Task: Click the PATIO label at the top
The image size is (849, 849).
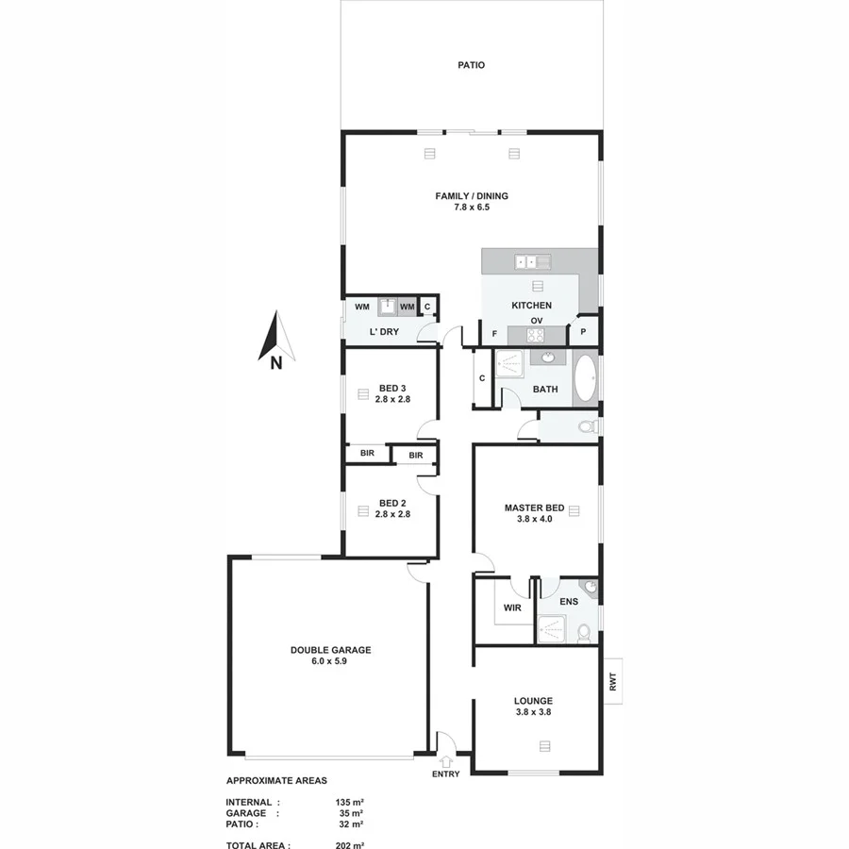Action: click(471, 66)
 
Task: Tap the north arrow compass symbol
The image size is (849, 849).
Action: click(276, 340)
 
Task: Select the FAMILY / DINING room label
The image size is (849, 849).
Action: click(471, 196)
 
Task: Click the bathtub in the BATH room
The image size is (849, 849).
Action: click(585, 378)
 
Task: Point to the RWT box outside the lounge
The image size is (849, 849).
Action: click(612, 680)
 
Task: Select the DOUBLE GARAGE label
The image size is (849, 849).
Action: click(330, 650)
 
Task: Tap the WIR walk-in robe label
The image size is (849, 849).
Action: click(512, 608)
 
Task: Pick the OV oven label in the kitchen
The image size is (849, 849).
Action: click(536, 321)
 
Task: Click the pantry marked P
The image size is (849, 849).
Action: click(584, 332)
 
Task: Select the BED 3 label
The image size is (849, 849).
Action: click(391, 389)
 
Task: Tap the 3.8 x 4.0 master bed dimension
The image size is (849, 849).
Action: click(534, 519)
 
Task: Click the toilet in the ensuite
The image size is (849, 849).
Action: click(584, 630)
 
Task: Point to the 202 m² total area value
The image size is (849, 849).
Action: click(350, 846)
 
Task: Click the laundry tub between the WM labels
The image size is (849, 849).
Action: click(387, 306)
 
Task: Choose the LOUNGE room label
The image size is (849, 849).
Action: click(533, 701)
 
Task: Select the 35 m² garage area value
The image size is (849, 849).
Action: click(350, 811)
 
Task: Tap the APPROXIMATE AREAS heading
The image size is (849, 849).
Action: click(276, 781)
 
